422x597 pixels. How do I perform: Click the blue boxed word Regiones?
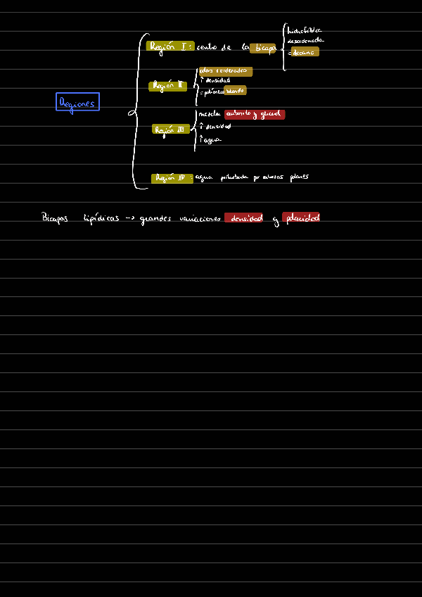77,102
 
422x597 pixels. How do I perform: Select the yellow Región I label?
170,46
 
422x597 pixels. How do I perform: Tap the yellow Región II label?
167,86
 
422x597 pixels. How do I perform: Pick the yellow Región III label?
170,130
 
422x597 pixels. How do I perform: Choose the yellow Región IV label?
171,178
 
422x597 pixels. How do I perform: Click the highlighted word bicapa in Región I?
264,48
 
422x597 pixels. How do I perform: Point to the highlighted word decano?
305,51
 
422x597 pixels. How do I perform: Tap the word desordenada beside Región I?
305,41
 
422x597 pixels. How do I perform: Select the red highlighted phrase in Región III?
254,114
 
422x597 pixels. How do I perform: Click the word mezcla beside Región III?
210,114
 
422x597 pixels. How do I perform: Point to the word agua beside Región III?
212,140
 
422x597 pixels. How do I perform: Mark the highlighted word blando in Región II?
235,91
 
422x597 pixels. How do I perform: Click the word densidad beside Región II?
217,80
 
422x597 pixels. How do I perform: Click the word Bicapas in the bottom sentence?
56,218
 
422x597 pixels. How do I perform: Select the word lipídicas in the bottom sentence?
101,218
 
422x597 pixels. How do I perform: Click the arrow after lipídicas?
129,219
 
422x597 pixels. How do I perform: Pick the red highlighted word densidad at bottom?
246,218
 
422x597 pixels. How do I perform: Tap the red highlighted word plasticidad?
301,218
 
